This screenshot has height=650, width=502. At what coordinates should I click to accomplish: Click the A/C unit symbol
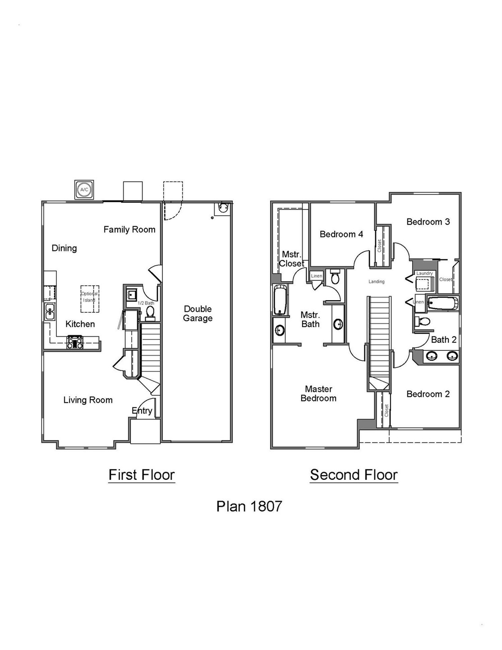point(84,189)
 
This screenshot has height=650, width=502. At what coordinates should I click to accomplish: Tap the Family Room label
point(129,229)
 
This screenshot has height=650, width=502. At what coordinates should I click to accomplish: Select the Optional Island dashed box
point(90,299)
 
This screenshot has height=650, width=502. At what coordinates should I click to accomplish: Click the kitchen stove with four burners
point(75,342)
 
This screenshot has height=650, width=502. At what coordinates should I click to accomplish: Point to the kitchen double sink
point(50,311)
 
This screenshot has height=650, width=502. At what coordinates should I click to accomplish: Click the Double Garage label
point(198,313)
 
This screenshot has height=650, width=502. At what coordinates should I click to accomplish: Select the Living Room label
point(88,400)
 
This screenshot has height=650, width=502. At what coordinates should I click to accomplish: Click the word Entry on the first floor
point(142,411)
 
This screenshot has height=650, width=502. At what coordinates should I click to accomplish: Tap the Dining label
point(64,248)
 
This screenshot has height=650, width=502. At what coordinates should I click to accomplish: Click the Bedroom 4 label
point(341,234)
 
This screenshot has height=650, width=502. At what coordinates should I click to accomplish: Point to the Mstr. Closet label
point(291,259)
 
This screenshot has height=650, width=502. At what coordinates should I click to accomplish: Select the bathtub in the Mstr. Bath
point(280,300)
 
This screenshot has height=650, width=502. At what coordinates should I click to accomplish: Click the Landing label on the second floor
point(377,282)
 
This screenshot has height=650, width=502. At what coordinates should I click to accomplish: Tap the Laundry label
point(424,273)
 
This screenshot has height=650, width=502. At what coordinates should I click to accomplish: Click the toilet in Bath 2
point(423,321)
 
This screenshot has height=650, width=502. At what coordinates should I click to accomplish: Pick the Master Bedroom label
point(318,393)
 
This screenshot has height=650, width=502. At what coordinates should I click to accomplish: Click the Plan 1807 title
point(249,506)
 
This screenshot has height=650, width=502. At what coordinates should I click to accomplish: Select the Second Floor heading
point(354,475)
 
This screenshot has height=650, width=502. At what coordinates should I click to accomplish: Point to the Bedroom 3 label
point(428,222)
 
